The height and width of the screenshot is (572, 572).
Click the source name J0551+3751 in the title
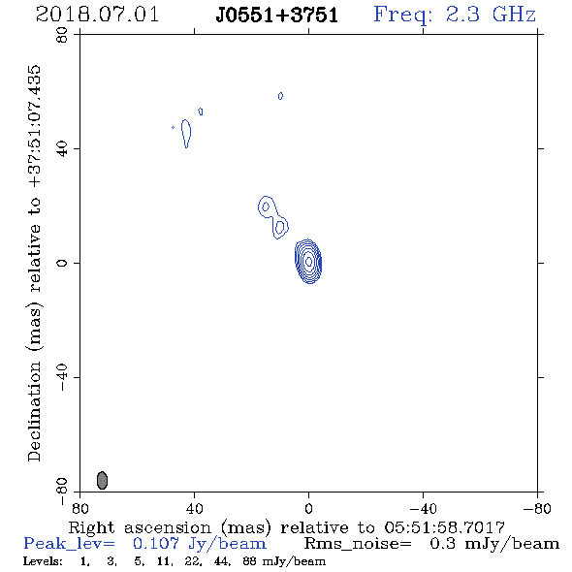click(x=277, y=16)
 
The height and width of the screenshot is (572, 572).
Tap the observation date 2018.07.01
click(x=97, y=15)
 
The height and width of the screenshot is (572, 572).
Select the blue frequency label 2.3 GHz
click(x=491, y=15)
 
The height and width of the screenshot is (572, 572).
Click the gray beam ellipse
click(x=102, y=480)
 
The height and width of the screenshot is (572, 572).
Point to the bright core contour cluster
click(x=308, y=261)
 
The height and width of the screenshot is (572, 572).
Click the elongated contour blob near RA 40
click(x=186, y=134)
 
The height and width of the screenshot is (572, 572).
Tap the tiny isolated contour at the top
click(x=280, y=96)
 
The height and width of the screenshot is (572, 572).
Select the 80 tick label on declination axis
click(x=62, y=35)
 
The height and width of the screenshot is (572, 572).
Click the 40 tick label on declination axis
click(x=62, y=149)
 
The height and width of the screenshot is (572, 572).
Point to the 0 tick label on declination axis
click(x=62, y=263)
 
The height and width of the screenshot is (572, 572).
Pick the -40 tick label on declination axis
click(x=62, y=377)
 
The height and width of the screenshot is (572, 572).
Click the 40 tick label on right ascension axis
click(x=194, y=508)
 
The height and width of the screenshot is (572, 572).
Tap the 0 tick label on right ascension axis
click(x=308, y=508)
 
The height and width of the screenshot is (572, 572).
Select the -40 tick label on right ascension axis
click(x=423, y=508)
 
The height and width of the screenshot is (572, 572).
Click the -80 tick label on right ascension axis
click(x=537, y=508)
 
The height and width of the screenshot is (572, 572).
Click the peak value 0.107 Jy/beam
click(x=200, y=544)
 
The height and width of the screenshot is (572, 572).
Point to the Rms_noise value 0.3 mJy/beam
click(x=494, y=544)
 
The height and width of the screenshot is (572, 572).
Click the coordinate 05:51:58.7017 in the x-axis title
click(x=444, y=527)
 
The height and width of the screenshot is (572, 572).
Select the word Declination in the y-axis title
click(x=34, y=411)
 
